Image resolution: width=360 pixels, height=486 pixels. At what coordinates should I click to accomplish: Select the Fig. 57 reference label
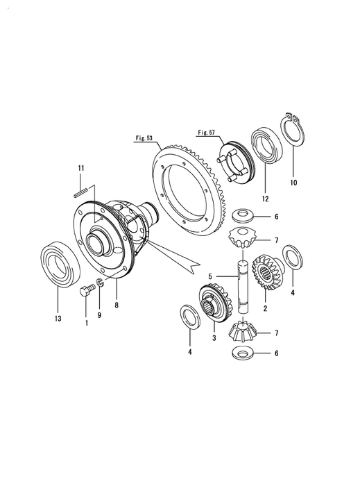click(x=207, y=132)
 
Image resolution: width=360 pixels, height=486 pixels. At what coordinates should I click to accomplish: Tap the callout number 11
click(x=80, y=169)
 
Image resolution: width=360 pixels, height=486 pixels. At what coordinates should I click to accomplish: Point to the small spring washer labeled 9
click(x=99, y=283)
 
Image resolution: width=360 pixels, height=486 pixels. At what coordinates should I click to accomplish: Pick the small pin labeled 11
click(x=81, y=187)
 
